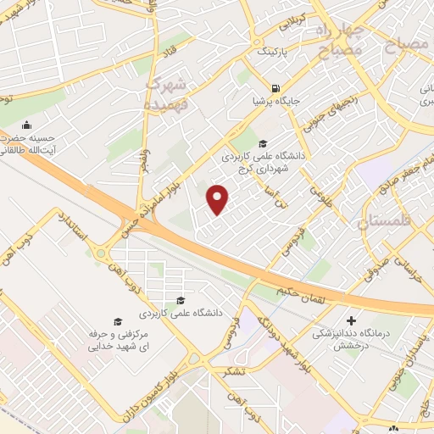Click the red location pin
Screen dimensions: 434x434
click(219, 198)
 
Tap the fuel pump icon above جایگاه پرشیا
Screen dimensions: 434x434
click(275, 88)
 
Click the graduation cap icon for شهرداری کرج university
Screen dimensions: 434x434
click(263, 144)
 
